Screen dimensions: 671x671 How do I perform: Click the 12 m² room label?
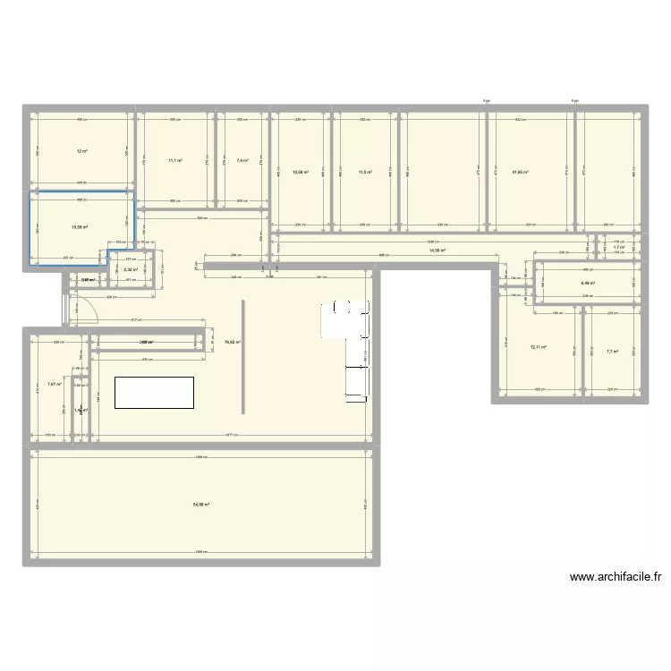(81, 151)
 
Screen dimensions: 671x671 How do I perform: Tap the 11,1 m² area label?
(175, 161)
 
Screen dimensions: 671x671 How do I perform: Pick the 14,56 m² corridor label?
(437, 251)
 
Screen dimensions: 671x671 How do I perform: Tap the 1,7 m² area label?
(618, 248)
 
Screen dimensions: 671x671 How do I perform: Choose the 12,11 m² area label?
(538, 347)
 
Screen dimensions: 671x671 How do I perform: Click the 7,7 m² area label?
(612, 352)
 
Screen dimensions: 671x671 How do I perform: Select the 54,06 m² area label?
(200, 505)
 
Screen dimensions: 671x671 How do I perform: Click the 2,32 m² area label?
(130, 269)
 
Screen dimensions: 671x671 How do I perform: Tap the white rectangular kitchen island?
(154, 392)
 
